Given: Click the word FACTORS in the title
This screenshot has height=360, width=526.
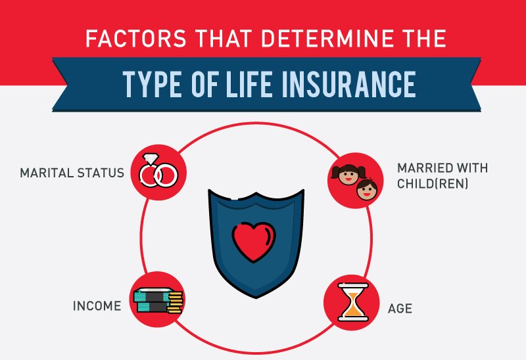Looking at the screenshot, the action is [x=136, y=38].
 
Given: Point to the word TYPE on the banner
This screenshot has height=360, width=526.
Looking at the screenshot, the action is [x=153, y=84].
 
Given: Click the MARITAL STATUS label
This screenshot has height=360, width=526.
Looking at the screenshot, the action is [x=72, y=173].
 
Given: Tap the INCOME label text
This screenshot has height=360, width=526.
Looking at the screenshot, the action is [x=97, y=306].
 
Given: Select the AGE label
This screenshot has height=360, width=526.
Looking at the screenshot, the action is [x=400, y=308].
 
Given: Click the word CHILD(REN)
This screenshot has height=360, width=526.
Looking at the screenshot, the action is [x=433, y=184].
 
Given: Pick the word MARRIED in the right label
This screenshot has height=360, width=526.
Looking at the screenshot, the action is [x=422, y=168].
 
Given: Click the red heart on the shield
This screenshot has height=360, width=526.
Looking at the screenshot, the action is [x=254, y=242].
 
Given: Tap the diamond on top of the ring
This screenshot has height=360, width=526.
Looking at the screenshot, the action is [x=151, y=158].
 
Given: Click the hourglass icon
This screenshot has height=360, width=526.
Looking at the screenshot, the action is [x=353, y=302].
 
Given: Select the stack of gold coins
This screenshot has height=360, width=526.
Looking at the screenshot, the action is [x=175, y=302].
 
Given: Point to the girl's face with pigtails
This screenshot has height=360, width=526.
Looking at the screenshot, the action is [x=348, y=174].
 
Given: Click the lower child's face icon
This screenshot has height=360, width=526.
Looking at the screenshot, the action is [x=367, y=190].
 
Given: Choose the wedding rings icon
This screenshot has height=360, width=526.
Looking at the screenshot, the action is [x=158, y=171].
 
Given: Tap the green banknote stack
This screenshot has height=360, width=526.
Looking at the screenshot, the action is [x=151, y=300].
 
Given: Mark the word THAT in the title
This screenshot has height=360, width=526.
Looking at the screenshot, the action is [x=224, y=38].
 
